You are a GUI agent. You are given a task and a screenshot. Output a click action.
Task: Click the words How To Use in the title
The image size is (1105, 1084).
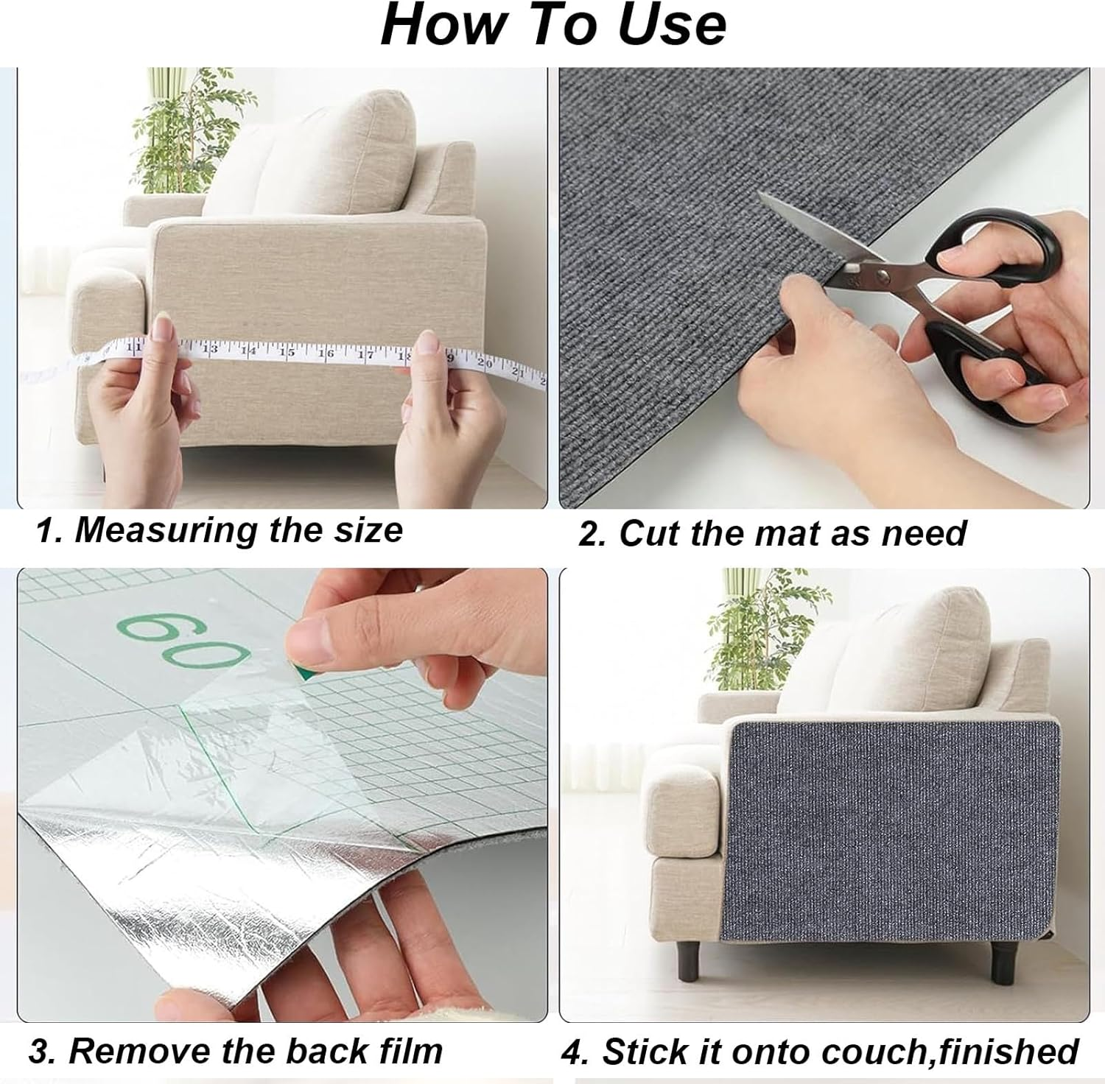pyautogui.click(x=552, y=26)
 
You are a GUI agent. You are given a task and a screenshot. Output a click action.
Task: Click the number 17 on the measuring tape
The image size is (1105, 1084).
pyautogui.click(x=365, y=355)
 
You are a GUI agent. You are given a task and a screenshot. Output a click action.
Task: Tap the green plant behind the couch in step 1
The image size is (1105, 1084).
pyautogui.click(x=184, y=125)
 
